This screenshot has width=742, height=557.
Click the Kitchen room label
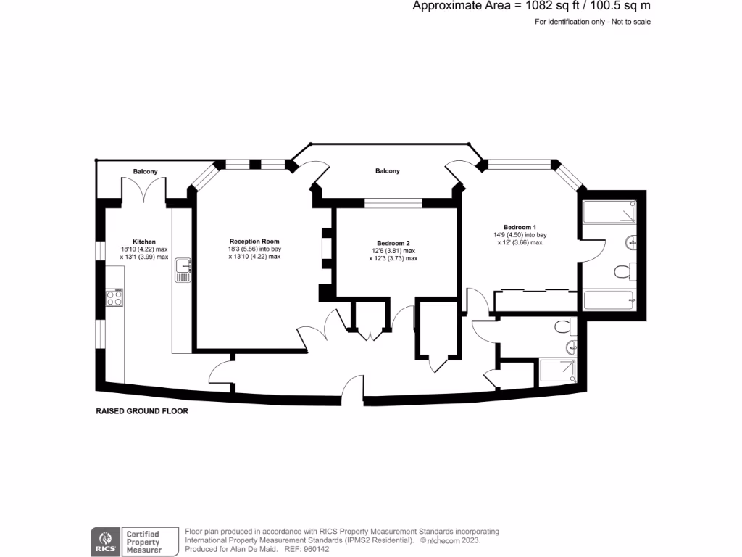pyautogui.click(x=144, y=242)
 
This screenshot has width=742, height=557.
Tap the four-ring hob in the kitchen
pyautogui.click(x=114, y=297)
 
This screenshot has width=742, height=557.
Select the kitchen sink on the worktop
pyautogui.click(x=183, y=271)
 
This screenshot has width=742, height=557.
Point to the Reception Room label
pyautogui.click(x=254, y=241)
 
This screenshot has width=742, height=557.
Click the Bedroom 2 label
pyautogui.click(x=393, y=243)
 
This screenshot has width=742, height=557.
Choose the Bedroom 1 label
pyautogui.click(x=520, y=226)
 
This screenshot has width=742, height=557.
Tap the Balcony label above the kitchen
pyautogui.click(x=145, y=171)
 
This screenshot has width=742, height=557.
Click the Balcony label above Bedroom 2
pyautogui.click(x=387, y=171)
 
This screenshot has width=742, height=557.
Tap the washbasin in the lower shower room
pyautogui.click(x=573, y=347)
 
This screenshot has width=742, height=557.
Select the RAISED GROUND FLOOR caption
pyautogui.click(x=142, y=411)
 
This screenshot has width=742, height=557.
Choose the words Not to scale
pyautogui.click(x=632, y=22)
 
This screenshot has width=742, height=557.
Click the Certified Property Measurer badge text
pyautogui.click(x=143, y=542)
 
